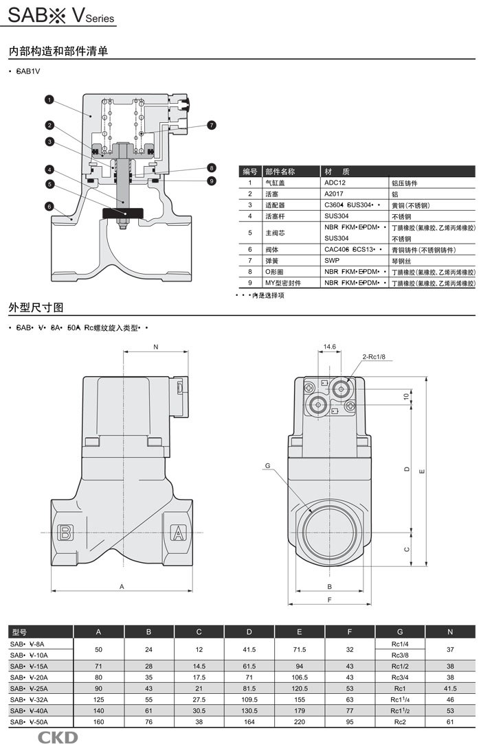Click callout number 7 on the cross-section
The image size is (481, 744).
pos(212,125)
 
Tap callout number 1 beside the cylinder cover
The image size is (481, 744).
pos(49,100)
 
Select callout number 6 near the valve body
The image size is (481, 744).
pos(49,206)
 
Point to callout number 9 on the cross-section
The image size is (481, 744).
pos(212,181)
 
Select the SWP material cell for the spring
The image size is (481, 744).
pos(332,261)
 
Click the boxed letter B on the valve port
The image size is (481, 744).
pos(66,532)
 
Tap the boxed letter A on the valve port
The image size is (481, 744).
pos(178,532)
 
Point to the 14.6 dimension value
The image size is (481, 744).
pos(329,347)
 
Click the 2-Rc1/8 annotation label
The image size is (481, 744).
pos(374,357)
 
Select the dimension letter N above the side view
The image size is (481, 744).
pos(155,347)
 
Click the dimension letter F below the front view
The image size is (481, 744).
pos(330,600)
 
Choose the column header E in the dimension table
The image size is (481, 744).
pos(299,631)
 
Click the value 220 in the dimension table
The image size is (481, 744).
pos(299,722)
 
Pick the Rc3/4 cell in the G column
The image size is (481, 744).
pos(400,677)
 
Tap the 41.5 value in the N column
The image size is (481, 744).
pos(450,688)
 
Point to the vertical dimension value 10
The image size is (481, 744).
pos(405,396)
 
